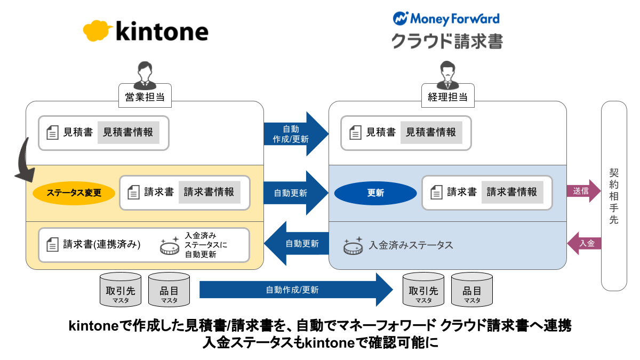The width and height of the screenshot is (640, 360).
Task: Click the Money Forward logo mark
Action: point(399,18)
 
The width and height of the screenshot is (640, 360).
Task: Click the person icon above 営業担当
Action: point(145,75)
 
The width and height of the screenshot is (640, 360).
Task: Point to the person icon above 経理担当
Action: point(447,75)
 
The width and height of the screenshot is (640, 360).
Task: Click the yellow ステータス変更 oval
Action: point(74,193)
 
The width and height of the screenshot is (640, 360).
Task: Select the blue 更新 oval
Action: point(375,193)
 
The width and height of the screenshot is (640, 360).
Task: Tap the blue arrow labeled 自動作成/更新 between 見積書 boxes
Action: point(295,134)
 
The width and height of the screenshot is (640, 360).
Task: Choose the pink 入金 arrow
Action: point(583,243)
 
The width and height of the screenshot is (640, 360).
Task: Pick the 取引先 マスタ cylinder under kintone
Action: point(121,290)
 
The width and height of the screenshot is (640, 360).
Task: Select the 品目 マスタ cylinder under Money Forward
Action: point(471,290)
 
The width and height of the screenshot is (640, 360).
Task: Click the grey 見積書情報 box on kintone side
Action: point(127,132)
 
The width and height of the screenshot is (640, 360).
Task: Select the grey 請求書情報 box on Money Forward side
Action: point(512,192)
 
